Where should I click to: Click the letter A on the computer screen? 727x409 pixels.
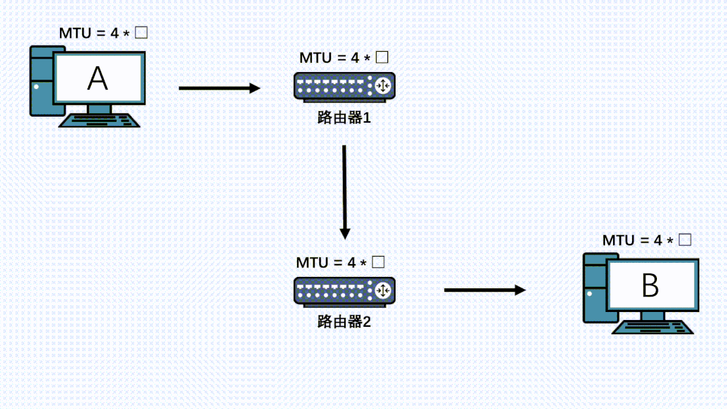coord(98,80)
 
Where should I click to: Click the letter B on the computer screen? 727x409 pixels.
coord(650,286)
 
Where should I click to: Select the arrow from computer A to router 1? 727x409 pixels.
coord(219,88)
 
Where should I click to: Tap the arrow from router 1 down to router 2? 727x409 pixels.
coord(344,191)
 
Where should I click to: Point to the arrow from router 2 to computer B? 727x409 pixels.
coord(484,290)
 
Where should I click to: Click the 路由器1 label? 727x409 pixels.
coord(344,118)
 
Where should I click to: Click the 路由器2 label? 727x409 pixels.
coord(344,321)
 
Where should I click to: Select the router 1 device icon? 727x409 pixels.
coord(344,86)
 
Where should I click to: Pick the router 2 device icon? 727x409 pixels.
coord(344,290)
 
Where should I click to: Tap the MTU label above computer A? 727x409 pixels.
coord(102,32)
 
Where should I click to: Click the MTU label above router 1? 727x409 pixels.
coord(344,57)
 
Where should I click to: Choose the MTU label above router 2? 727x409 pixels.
coord(340,262)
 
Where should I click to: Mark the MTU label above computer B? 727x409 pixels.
coord(647,240)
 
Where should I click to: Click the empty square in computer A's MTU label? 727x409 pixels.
coord(141,32)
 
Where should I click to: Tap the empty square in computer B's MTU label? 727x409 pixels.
coord(685,239)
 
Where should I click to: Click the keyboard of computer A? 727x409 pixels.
coord(99,121)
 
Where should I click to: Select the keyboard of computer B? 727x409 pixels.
coord(652,327)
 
